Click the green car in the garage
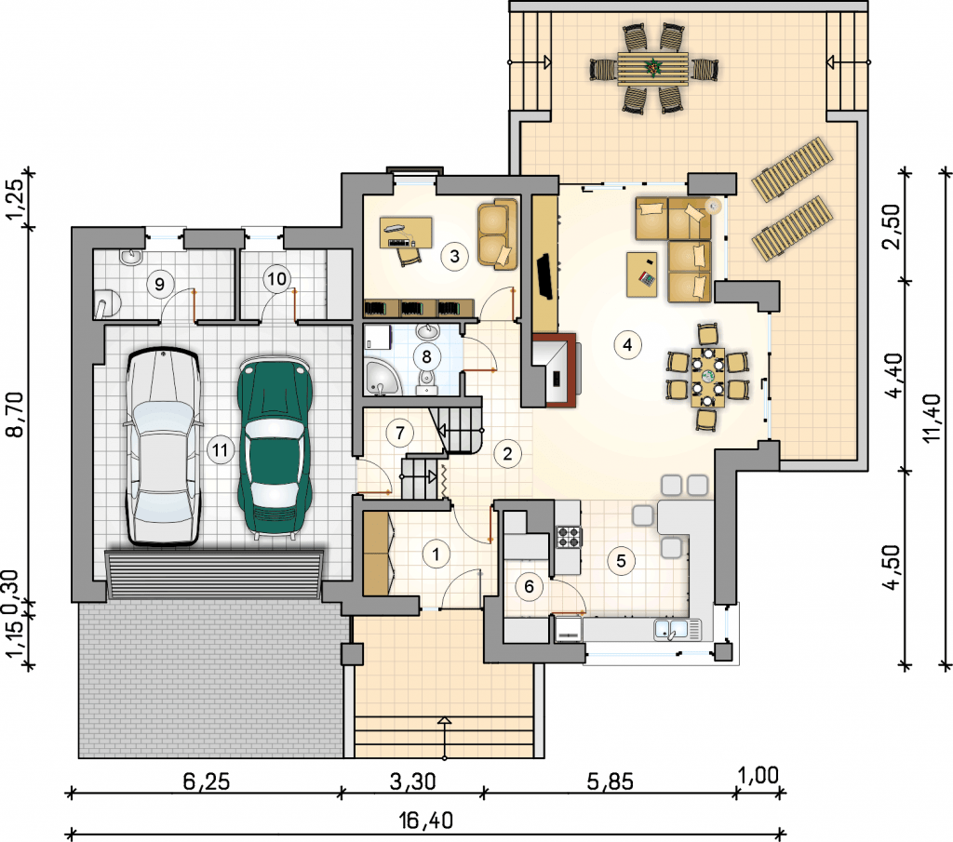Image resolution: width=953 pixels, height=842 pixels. [x=275, y=447]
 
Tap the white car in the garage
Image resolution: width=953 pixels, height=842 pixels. [x=163, y=447]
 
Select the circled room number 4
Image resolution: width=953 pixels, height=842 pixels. [x=627, y=345]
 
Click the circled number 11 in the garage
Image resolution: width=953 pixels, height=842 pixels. [x=220, y=450]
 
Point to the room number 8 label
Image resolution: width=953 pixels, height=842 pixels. [x=426, y=356]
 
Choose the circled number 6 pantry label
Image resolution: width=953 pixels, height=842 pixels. [x=529, y=586]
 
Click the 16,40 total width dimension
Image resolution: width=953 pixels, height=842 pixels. [x=426, y=821]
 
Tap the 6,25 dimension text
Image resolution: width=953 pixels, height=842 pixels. [x=207, y=782]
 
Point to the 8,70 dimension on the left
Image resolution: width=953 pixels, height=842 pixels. [x=15, y=415]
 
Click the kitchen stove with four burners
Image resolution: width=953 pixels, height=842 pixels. [x=569, y=537]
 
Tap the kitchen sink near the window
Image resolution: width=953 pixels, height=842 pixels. [x=678, y=629]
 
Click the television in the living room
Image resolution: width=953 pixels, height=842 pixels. [x=544, y=276]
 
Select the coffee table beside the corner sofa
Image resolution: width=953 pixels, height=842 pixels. [x=642, y=274]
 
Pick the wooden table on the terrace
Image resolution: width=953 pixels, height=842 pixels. [x=653, y=69]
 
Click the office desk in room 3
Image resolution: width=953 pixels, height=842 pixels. [x=406, y=233]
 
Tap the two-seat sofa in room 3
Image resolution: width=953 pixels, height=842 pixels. [x=497, y=234]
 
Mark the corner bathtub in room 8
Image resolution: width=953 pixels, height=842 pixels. [x=382, y=377]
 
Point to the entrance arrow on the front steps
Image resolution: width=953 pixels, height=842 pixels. [x=445, y=738]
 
